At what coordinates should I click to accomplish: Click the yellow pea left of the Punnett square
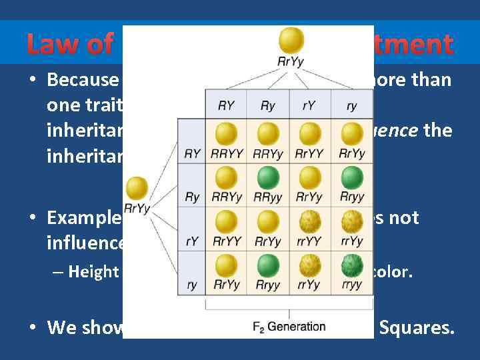137,187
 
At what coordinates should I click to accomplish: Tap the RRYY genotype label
226,154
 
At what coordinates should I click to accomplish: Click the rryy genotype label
351,284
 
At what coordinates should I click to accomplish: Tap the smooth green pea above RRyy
267,177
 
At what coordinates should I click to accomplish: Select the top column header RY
226,105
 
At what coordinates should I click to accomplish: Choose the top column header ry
351,105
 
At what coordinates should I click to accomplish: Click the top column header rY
309,105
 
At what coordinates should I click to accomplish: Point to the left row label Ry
192,197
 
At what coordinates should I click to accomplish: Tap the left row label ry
192,285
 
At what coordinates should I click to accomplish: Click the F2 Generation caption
289,327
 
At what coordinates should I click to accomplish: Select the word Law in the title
52,45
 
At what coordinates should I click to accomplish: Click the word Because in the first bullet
83,81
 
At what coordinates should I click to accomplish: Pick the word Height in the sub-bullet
93,272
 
